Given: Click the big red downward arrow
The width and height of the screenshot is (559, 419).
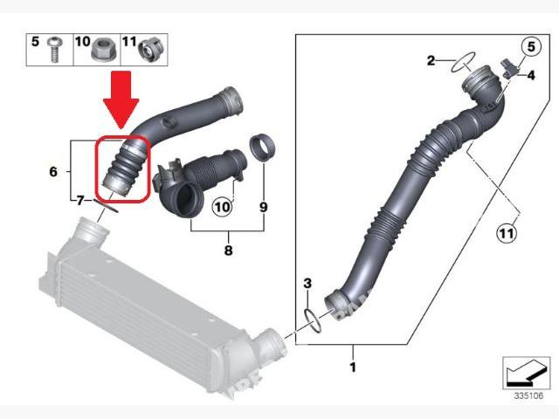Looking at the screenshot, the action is pyautogui.click(x=121, y=98).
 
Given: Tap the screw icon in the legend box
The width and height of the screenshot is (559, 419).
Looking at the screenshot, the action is pyautogui.click(x=54, y=50).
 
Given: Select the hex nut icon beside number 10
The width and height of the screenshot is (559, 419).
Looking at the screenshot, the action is pyautogui.click(x=102, y=50).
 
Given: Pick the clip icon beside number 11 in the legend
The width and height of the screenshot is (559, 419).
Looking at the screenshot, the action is pyautogui.click(x=151, y=50).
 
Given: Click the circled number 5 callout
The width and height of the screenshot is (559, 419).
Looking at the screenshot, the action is pyautogui.click(x=531, y=46).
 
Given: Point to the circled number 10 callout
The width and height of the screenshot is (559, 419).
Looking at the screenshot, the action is pyautogui.click(x=222, y=207).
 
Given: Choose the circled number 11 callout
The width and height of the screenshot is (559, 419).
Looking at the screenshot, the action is pyautogui.click(x=507, y=233).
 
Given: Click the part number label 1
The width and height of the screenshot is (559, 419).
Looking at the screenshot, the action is pyautogui.click(x=353, y=367).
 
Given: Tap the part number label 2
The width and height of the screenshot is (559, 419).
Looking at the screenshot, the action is pyautogui.click(x=431, y=60).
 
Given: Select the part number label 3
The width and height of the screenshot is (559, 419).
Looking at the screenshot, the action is pyautogui.click(x=307, y=284).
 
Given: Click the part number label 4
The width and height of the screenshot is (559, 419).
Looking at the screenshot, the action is pyautogui.click(x=531, y=76).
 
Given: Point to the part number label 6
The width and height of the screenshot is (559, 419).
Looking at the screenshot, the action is pyautogui.click(x=53, y=172).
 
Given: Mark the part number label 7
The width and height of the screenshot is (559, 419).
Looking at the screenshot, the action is pyautogui.click(x=79, y=201).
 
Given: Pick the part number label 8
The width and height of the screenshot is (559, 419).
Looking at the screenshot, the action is pyautogui.click(x=228, y=251).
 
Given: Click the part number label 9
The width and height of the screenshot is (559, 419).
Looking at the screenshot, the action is pyautogui.click(x=264, y=207).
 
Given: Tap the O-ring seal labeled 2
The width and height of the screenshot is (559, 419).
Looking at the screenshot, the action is pyautogui.click(x=463, y=62).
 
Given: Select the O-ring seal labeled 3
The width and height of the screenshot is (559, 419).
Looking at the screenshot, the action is pyautogui.click(x=313, y=321).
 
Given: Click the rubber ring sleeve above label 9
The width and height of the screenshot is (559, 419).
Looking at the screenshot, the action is pyautogui.click(x=264, y=148).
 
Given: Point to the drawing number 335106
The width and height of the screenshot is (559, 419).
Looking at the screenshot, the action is pyautogui.click(x=528, y=395).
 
